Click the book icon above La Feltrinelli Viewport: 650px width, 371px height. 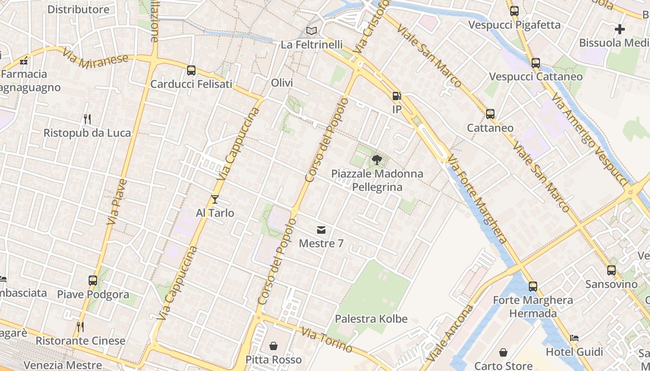click(312, 31)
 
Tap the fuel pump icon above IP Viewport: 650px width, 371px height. click(396, 96)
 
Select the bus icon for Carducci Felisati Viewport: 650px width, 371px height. click(191, 70)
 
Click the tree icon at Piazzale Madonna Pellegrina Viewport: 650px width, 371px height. click(377, 160)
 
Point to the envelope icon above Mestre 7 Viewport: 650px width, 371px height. click(321, 230)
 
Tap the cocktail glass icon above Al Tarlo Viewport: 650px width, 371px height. click(214, 199)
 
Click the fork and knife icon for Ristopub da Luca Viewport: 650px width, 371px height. click(87, 119)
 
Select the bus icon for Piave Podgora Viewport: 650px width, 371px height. click(93, 281)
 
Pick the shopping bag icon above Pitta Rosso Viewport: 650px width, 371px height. click(273, 346)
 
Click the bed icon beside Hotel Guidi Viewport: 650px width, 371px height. click(574, 338)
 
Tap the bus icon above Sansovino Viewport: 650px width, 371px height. click(611, 270)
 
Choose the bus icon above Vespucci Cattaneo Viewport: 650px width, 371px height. click(535, 63)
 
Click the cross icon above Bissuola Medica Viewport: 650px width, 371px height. click(619, 29)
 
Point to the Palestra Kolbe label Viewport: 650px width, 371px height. click(371, 319)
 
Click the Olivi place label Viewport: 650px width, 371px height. click(282, 83)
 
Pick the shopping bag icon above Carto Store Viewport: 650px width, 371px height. click(503, 353)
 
